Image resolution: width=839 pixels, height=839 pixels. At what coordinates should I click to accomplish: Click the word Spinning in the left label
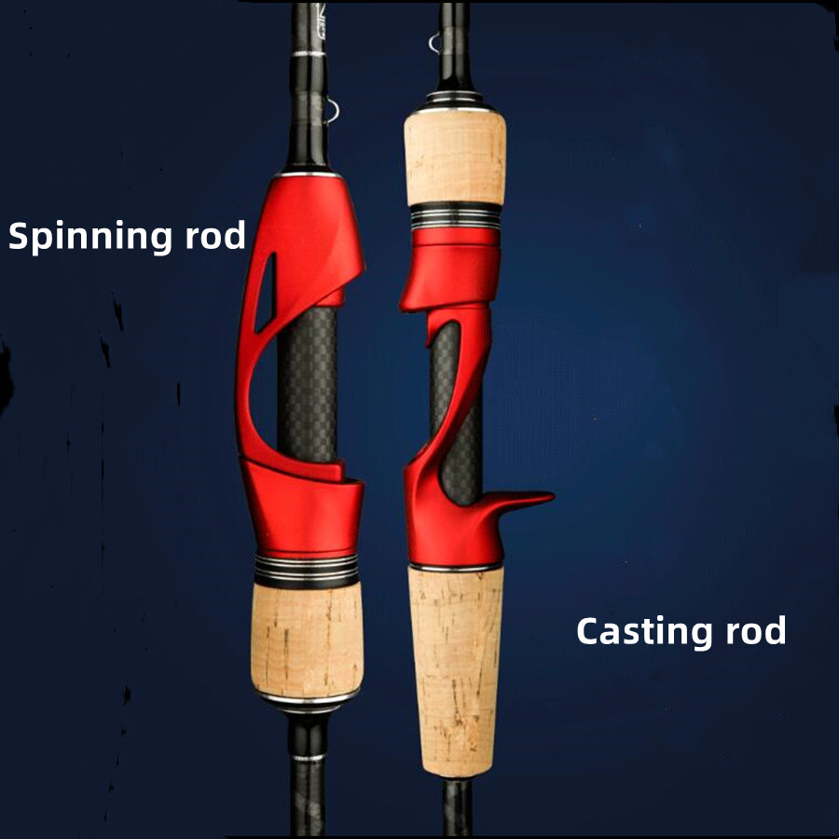(89, 237)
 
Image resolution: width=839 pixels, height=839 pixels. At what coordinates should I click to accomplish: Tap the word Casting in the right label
(643, 632)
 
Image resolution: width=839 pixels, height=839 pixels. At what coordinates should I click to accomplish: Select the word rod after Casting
(755, 630)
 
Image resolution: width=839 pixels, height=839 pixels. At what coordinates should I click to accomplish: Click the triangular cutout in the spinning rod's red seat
(267, 292)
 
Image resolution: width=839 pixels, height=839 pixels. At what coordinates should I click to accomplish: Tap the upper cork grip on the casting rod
(455, 158)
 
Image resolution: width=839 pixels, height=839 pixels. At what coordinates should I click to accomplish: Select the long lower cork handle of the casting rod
(455, 671)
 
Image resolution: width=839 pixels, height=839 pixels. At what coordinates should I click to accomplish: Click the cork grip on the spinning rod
(307, 640)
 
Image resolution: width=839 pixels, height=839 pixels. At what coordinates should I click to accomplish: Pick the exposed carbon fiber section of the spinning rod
(307, 385)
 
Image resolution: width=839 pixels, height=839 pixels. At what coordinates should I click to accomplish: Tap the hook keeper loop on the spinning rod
(332, 111)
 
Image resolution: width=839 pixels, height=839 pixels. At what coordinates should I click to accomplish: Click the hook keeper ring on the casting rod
(433, 43)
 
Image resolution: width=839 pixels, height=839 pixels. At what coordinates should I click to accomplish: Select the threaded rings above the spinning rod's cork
(307, 570)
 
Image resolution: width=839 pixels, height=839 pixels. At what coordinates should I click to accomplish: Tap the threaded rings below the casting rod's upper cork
(455, 215)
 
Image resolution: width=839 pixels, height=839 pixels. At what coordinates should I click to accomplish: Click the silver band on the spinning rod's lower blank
(309, 757)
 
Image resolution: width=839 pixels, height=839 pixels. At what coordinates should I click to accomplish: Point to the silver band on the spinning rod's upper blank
(309, 53)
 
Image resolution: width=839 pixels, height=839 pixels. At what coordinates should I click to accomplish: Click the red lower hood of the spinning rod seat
(302, 508)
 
